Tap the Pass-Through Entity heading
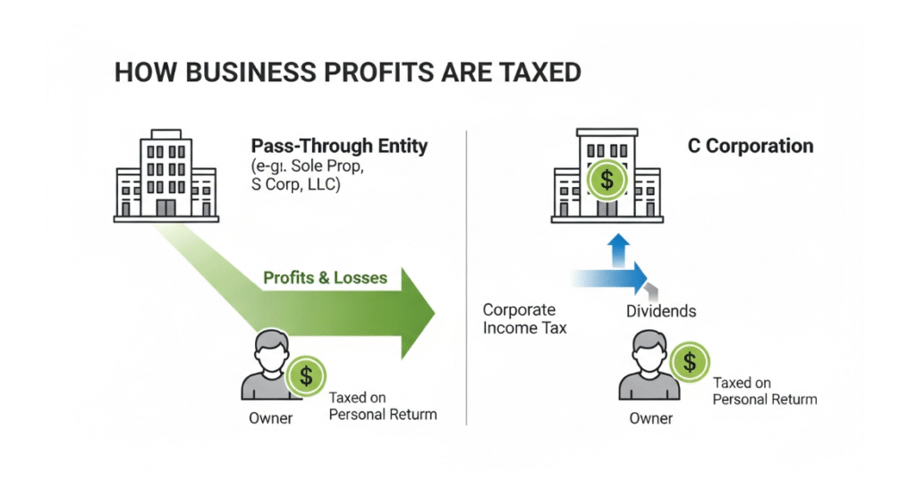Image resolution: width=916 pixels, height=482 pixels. (339, 146)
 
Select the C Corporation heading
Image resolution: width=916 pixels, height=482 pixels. (751, 146)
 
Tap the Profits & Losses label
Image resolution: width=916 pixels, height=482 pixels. (325, 277)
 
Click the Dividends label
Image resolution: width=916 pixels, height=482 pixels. (660, 311)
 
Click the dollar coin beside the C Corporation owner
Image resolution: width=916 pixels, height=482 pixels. (689, 361)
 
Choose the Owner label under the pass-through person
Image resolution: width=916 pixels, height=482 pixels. (270, 418)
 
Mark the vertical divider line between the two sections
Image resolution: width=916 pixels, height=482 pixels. (468, 277)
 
